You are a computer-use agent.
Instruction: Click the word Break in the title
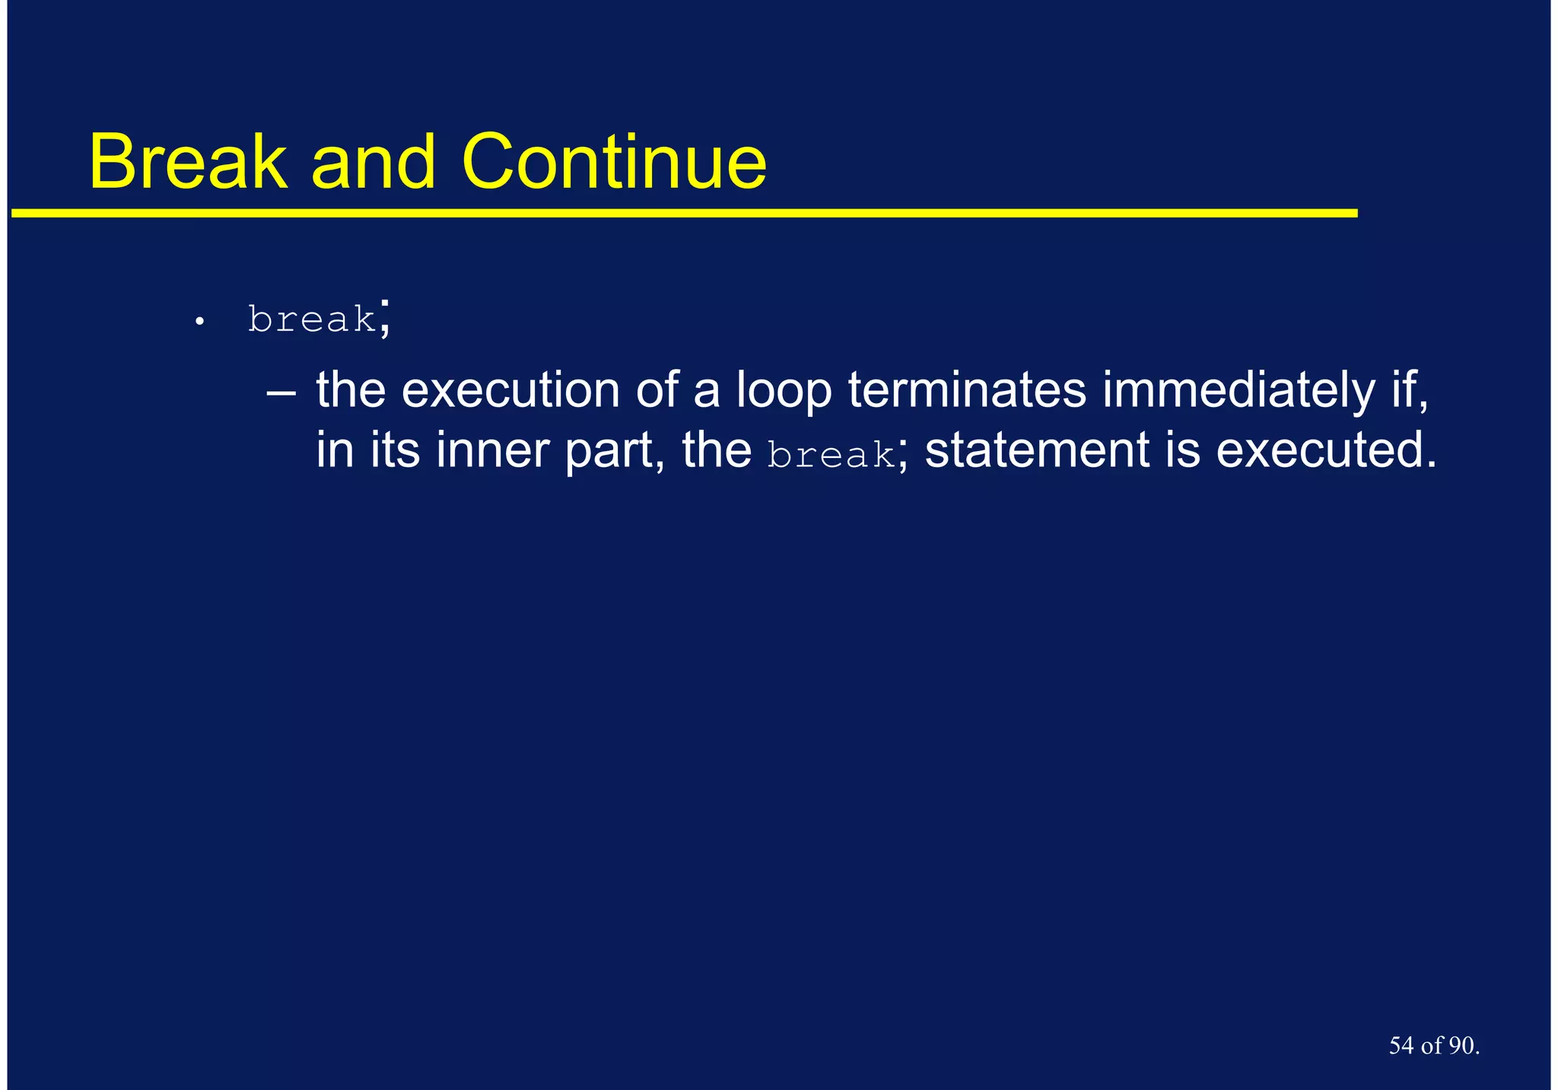tap(187, 162)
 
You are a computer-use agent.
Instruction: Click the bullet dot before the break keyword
tap(199, 323)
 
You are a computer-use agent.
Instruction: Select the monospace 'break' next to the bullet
tap(312, 319)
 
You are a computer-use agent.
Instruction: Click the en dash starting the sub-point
tap(281, 391)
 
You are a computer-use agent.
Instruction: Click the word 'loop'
tap(784, 391)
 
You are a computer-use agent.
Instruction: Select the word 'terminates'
tap(967, 391)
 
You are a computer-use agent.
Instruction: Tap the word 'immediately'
tap(1238, 391)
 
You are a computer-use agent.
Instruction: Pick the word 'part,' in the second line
tap(615, 450)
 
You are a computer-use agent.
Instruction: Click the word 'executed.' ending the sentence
tap(1326, 450)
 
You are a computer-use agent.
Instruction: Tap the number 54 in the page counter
tap(1401, 1046)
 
